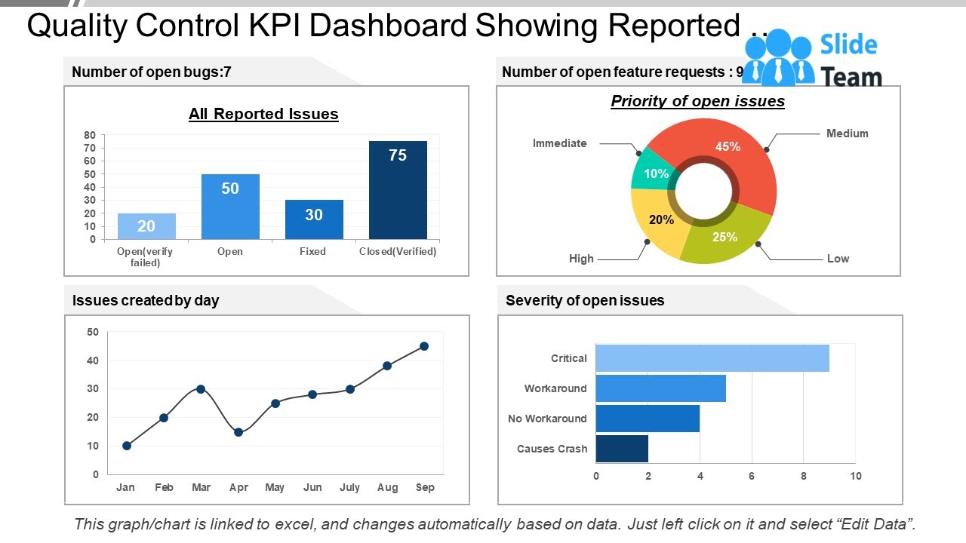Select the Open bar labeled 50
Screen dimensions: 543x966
coord(230,207)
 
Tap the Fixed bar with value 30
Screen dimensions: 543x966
coord(314,219)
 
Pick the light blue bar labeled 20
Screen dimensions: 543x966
coord(146,226)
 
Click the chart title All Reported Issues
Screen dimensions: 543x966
coord(263,114)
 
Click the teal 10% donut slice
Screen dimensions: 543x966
coord(651,170)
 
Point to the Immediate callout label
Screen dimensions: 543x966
coord(559,143)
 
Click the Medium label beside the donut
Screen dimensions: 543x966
coord(847,133)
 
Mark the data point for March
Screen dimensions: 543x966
coord(201,389)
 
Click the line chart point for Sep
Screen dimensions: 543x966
coord(424,346)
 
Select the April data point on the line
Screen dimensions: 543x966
coord(238,432)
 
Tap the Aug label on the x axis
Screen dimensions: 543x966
coord(387,487)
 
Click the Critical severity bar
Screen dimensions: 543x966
coord(712,358)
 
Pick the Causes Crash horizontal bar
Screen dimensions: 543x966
coord(622,449)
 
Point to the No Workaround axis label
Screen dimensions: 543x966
coord(547,419)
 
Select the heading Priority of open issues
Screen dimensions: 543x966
coord(697,101)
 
